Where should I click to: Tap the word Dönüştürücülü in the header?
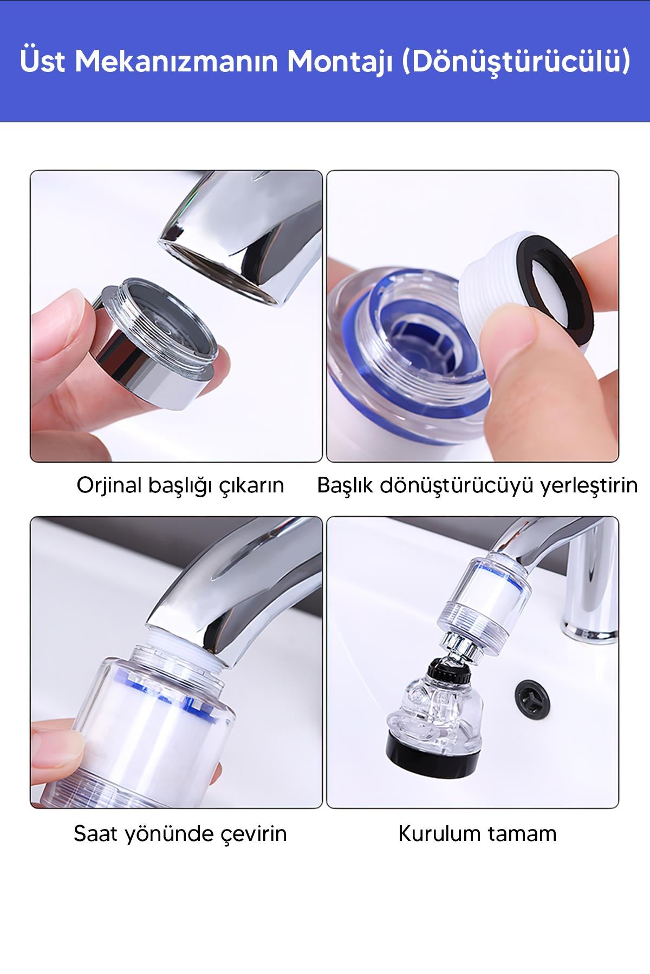[517, 62]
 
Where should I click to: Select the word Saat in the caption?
[95, 833]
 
